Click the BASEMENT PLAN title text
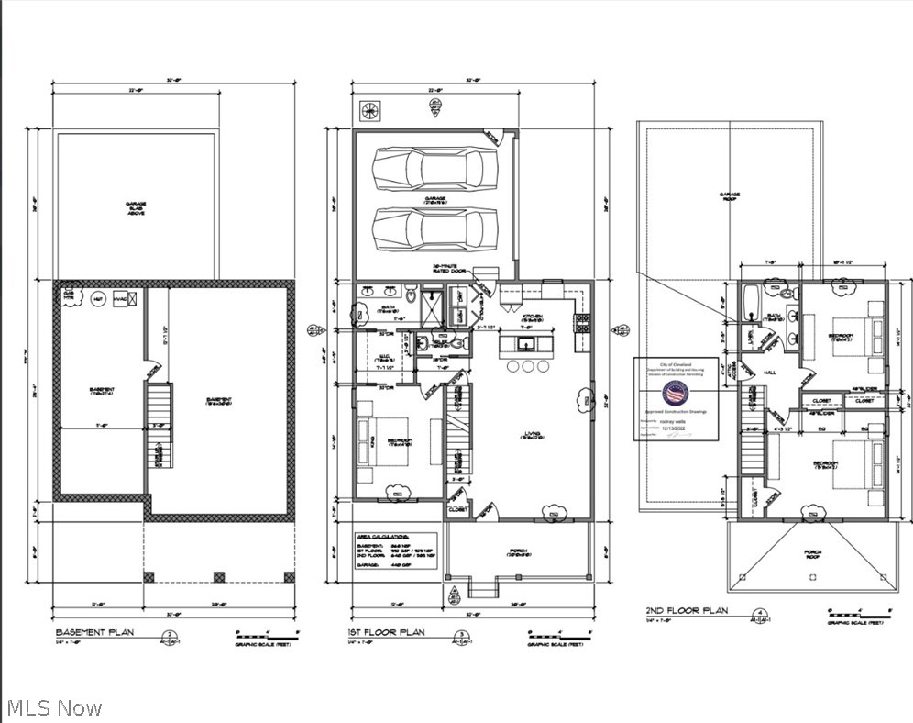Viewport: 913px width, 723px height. pyautogui.click(x=96, y=633)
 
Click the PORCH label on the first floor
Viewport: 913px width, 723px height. pyautogui.click(x=519, y=551)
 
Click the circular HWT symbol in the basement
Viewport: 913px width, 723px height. pyautogui.click(x=96, y=298)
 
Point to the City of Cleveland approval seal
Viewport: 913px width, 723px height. pyautogui.click(x=676, y=395)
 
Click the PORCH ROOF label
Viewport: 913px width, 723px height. pyautogui.click(x=810, y=552)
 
